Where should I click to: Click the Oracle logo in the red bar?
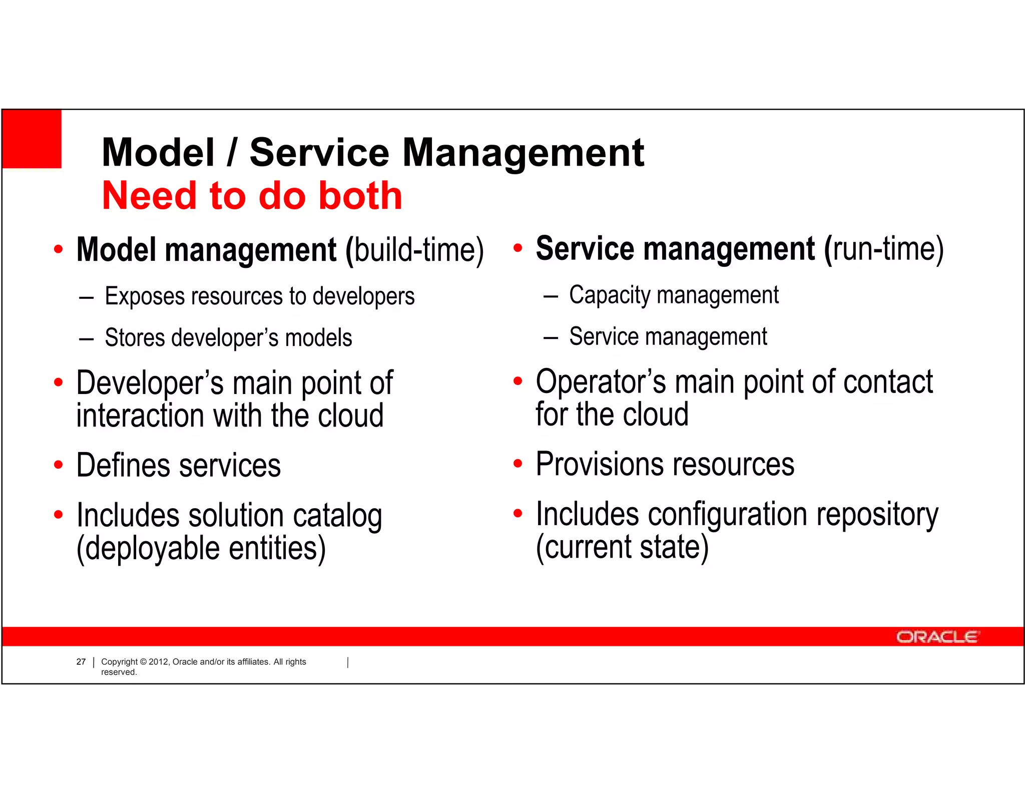tap(936, 637)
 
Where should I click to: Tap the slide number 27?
tap(81, 662)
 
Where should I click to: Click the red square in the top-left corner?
tap(32, 139)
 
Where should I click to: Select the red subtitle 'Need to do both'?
tap(252, 196)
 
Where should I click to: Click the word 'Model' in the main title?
tap(158, 153)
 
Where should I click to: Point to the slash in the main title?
tap(231, 153)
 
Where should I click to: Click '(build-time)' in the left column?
tap(415, 250)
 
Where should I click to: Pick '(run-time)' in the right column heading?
tap(884, 249)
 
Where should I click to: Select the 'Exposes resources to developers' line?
tap(259, 296)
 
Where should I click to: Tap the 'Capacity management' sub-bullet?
tap(674, 295)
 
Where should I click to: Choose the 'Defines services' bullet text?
tap(178, 466)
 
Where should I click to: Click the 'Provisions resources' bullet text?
tap(665, 464)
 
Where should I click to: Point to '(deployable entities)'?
tap(201, 549)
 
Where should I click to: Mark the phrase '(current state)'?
tap(622, 547)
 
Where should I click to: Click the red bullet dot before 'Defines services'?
tap(59, 465)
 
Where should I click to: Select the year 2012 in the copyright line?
tap(159, 662)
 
